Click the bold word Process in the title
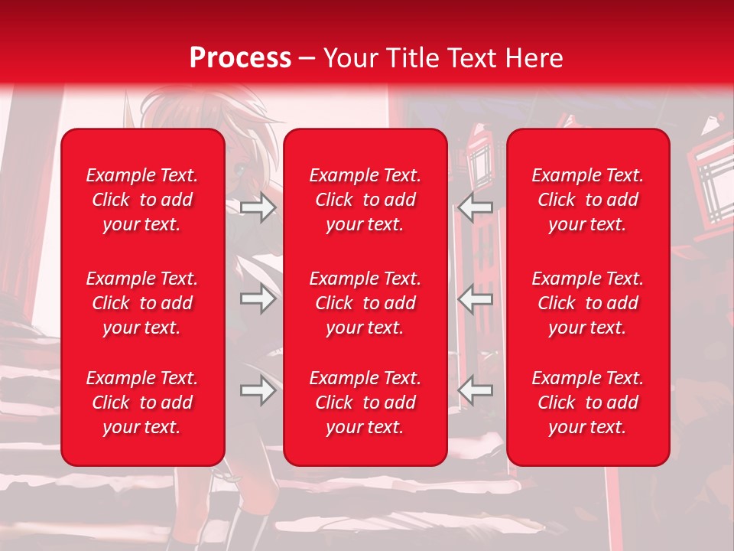tap(240, 58)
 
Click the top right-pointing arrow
tap(258, 207)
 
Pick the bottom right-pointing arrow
tap(258, 390)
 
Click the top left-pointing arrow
tap(476, 207)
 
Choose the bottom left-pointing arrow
tap(476, 390)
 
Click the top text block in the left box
tap(142, 200)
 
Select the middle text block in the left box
tap(142, 303)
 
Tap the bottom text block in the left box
tap(142, 403)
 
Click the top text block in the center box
tap(365, 200)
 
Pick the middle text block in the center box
tap(365, 303)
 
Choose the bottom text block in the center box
tap(365, 403)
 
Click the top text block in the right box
tap(588, 200)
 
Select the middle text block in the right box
tap(588, 303)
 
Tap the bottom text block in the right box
tap(588, 403)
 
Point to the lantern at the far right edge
tap(712, 172)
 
